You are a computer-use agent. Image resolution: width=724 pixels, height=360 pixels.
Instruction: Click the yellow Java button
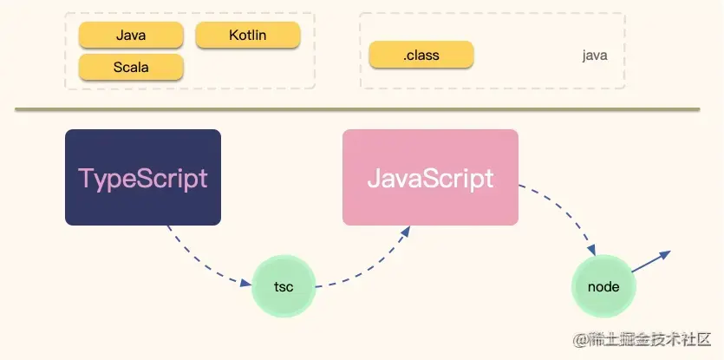131,35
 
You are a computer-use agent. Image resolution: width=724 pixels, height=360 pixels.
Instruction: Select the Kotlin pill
248,35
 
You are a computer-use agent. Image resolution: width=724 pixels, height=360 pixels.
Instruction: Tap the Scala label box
131,67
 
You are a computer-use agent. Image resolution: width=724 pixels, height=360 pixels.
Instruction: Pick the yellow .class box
421,55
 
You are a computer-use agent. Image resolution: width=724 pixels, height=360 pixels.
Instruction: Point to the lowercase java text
595,56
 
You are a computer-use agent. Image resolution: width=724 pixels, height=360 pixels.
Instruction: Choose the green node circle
603,286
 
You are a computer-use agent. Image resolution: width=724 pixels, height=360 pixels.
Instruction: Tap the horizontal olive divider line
356,109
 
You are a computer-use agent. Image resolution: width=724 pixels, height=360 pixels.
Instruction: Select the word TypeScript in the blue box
143,178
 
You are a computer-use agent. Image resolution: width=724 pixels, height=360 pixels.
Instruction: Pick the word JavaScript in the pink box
430,178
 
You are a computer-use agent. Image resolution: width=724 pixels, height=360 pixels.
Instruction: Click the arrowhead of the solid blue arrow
665,254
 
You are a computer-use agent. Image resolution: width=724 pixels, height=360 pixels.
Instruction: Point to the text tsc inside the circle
284,286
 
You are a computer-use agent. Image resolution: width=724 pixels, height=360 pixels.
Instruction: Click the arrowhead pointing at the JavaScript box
405,231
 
